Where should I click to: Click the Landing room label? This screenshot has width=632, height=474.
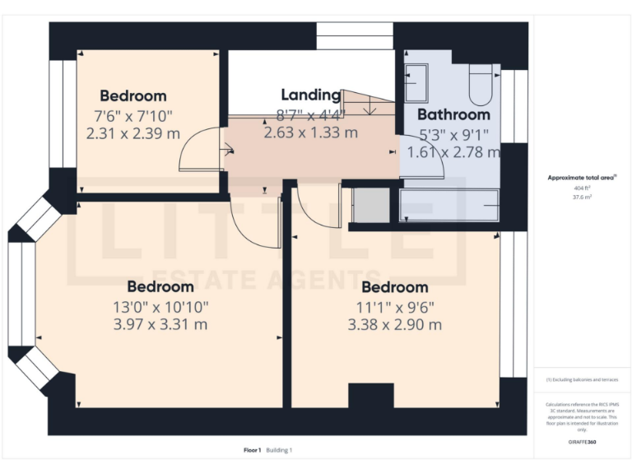tap(310, 95)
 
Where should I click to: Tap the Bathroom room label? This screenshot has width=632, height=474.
tap(453, 114)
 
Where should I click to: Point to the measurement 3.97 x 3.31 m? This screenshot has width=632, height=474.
tap(160, 324)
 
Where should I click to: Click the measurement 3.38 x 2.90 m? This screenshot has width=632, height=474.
tap(395, 324)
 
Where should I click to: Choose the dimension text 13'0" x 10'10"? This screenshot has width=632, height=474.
tap(160, 306)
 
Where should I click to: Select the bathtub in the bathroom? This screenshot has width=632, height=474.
tap(448, 205)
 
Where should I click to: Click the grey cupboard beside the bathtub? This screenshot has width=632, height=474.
tap(370, 205)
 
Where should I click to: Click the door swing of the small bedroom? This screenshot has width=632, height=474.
tap(199, 151)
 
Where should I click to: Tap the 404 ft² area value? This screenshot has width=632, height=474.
tap(583, 188)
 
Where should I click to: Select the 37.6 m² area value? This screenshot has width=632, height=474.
tap(583, 197)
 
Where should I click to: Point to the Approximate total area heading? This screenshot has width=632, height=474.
tap(582, 177)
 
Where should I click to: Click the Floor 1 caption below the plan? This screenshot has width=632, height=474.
tap(252, 450)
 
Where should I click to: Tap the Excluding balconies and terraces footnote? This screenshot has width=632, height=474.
tap(583, 379)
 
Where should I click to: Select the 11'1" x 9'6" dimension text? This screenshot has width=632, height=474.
tap(395, 306)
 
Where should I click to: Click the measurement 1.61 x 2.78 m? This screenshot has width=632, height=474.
tap(453, 151)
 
